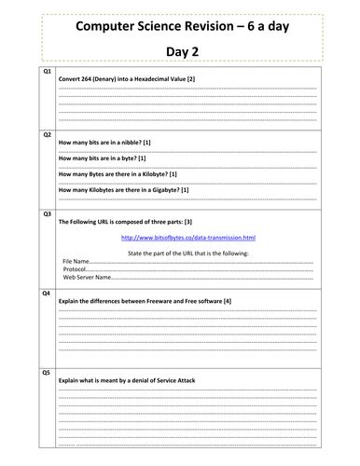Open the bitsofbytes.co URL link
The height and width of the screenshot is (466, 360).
click(x=188, y=239)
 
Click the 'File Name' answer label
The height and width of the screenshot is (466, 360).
click(x=76, y=261)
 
